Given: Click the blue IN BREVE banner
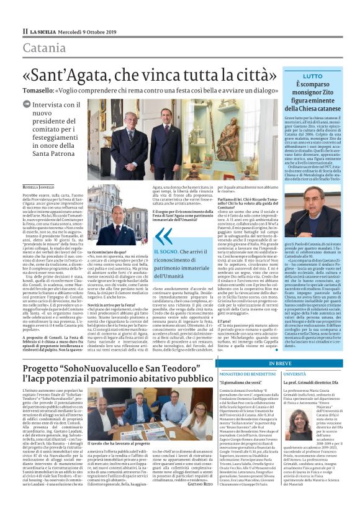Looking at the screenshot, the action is [x=281, y=362].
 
